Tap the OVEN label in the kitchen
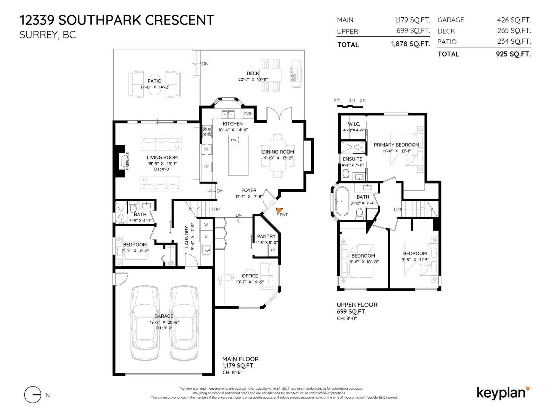248,113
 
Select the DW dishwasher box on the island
233,140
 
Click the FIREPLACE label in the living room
127,161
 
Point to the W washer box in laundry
206,225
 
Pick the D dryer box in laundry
206,236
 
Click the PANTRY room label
266,236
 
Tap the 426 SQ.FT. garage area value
513,20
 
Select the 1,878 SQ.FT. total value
410,44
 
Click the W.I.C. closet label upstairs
354,124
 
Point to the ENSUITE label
352,159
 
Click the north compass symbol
33,395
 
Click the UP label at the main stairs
217,209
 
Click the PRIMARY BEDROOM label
396,145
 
